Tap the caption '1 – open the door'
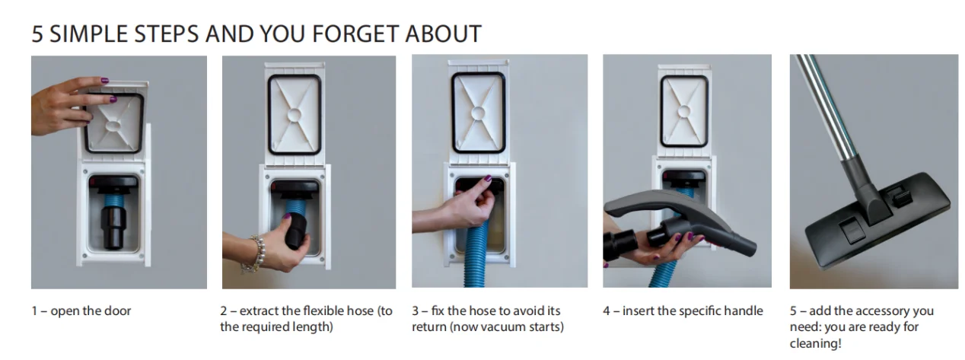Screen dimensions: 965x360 coord(81,311)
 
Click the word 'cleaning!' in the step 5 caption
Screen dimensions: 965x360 coord(816,343)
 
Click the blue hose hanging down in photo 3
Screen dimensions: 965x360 coord(477,254)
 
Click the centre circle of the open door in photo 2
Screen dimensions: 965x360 coord(295,114)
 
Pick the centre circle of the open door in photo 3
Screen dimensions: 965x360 coord(478,113)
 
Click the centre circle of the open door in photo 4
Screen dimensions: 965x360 coord(683,112)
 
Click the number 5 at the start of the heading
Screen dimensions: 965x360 coord(37,34)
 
